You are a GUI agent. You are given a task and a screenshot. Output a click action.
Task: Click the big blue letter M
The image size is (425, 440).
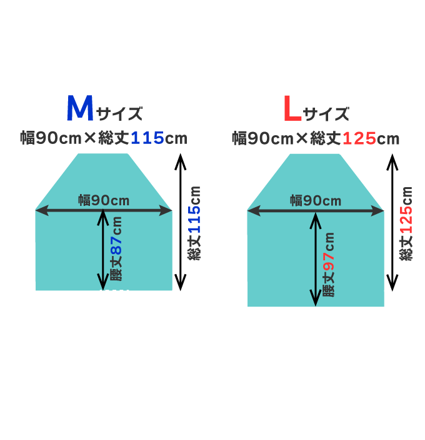coord(80,109)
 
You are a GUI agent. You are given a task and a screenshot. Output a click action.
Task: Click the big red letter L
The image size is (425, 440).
coord(292,109)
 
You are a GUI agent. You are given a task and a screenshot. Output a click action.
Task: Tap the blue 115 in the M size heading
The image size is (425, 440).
coord(147,138)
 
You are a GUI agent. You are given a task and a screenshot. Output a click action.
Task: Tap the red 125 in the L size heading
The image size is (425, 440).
coord(359,138)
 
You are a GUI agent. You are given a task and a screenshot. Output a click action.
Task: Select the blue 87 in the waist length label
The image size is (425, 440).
coord(116,248)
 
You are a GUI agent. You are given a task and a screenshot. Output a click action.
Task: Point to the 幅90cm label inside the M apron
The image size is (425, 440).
coord(104,200)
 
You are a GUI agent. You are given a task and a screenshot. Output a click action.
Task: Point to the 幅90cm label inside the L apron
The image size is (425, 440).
coord(316,200)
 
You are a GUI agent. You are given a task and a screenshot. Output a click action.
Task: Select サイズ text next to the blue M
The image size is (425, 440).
coord(119,114)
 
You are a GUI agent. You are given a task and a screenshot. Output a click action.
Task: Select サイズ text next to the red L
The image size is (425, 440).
coord(326,114)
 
